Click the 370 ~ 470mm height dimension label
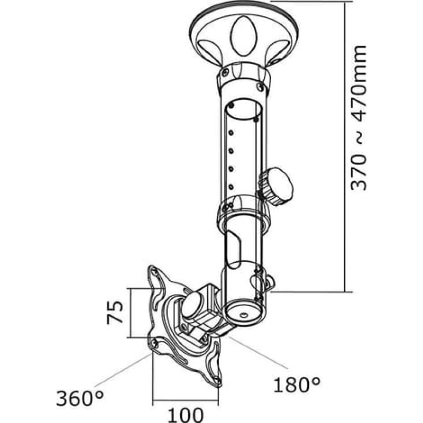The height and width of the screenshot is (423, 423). pyautogui.click(x=359, y=117)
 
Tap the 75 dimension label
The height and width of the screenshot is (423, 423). pyautogui.click(x=115, y=312)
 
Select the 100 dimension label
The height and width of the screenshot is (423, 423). pyautogui.click(x=186, y=415)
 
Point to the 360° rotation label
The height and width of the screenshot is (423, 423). pyautogui.click(x=80, y=398)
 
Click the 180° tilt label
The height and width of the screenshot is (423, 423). pyautogui.click(x=297, y=384)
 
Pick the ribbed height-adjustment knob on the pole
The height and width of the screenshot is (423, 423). pyautogui.click(x=275, y=186)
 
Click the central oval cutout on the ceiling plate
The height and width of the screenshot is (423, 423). pyautogui.click(x=243, y=36)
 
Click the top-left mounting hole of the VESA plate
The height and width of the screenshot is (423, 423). pyautogui.click(x=155, y=271)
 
